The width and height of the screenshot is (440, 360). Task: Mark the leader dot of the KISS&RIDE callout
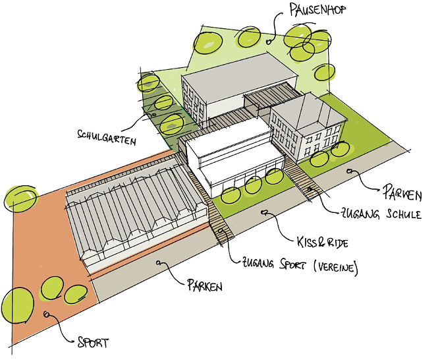[x=263, y=213]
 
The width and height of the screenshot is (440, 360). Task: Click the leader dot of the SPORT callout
[x=47, y=315]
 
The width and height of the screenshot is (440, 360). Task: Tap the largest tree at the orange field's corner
[x=18, y=304]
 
